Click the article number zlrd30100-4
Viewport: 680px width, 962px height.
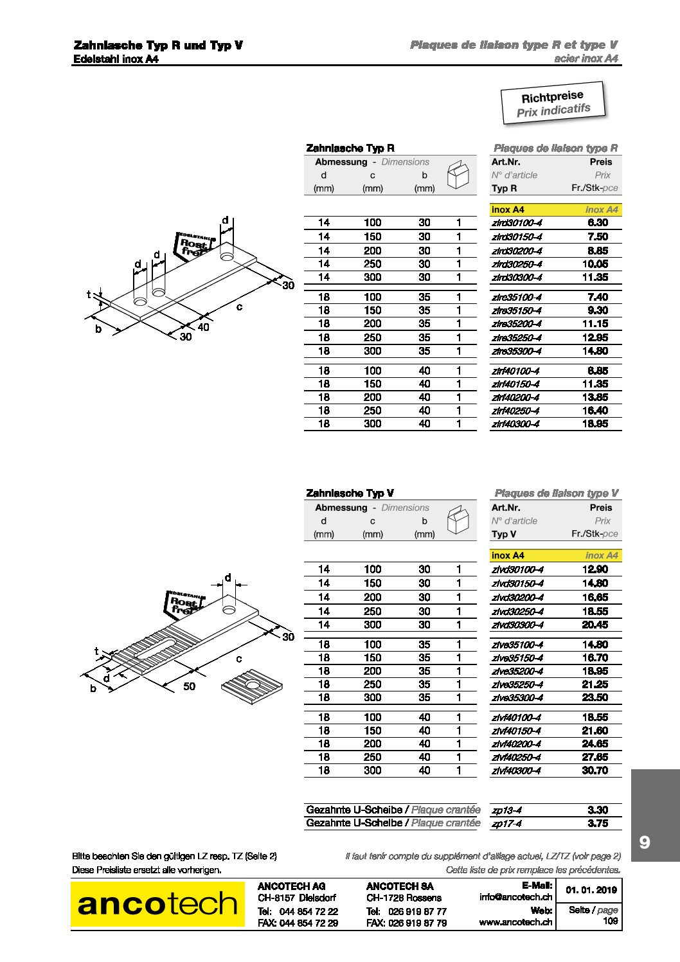[516, 223]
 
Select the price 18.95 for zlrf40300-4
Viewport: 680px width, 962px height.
[595, 424]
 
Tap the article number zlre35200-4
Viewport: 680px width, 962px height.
[516, 324]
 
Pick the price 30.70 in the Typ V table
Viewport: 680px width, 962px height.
[595, 770]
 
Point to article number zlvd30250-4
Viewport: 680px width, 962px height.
[517, 612]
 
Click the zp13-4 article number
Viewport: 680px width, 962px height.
[506, 810]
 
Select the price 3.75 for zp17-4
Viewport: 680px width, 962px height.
[597, 824]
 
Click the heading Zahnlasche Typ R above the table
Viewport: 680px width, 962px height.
[350, 148]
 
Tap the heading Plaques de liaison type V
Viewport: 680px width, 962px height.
[556, 494]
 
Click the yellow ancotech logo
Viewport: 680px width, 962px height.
[157, 904]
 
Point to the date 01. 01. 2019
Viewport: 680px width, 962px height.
[591, 890]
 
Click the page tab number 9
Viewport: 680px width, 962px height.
[645, 842]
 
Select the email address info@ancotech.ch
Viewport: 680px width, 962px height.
[515, 897]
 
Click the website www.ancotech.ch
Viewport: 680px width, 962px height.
[515, 922]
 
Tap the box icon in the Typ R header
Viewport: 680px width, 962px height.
[458, 175]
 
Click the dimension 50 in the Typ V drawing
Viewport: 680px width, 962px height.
[189, 686]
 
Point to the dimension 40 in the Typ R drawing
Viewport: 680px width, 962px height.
[203, 327]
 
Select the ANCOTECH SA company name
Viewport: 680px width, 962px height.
[400, 886]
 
